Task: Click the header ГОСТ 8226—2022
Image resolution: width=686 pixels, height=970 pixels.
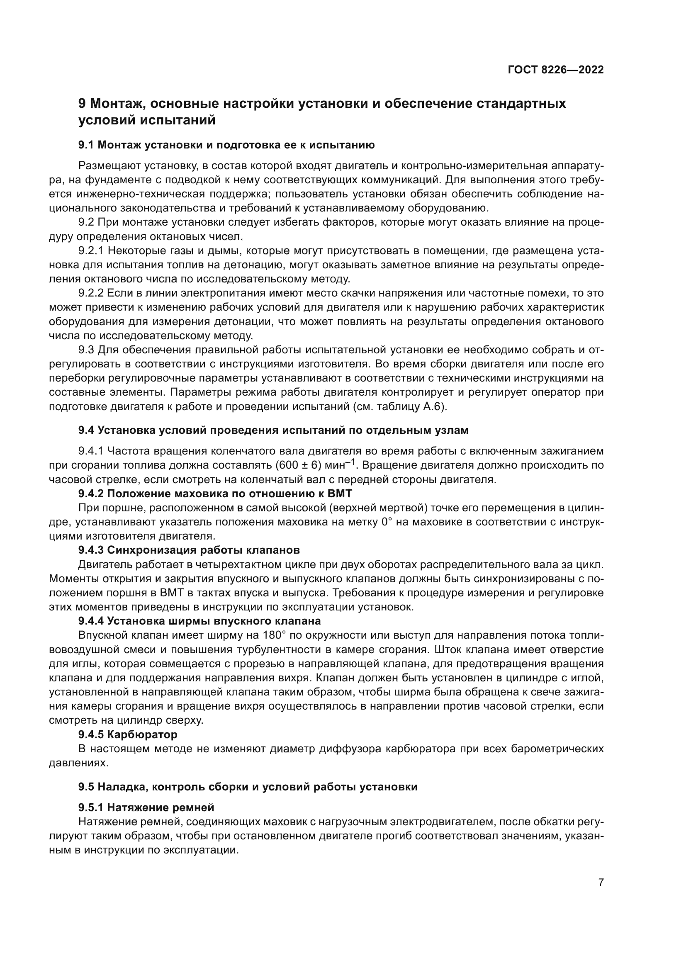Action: pos(555,70)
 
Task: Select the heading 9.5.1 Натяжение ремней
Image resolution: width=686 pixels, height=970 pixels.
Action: pos(146,807)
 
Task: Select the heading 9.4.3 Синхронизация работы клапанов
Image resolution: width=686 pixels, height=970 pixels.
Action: pos(189,550)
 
